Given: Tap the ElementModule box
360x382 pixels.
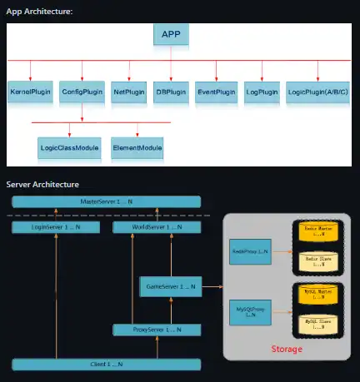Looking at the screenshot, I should (137, 149).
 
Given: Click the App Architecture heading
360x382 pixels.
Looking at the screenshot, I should (39, 11).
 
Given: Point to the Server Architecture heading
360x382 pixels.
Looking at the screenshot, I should (42, 183).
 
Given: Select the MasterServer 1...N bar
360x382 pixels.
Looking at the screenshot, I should (106, 202).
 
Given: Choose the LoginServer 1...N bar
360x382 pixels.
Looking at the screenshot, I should (54, 226).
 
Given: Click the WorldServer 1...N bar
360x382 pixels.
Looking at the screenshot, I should (156, 226).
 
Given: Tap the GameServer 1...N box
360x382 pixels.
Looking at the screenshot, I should (170, 286).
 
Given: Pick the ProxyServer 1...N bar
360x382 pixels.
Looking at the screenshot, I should (156, 330).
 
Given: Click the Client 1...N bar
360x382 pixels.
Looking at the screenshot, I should (106, 365).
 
